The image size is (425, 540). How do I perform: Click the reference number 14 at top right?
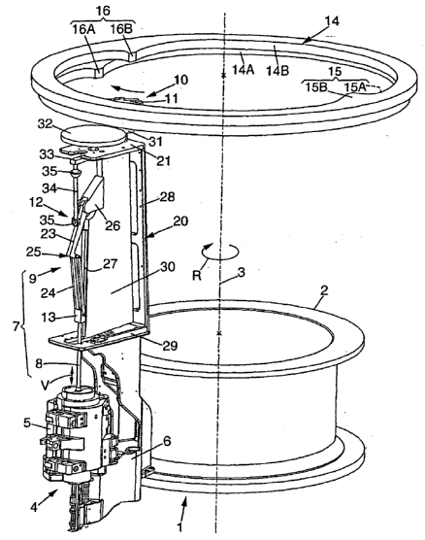[x=332, y=21]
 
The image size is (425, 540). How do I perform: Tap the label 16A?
[x=83, y=29]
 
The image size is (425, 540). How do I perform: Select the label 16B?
[x=121, y=29]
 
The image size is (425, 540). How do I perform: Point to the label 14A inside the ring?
[x=243, y=70]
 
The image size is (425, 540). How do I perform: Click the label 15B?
[x=316, y=87]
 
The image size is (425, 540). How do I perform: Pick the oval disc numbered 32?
[x=93, y=135]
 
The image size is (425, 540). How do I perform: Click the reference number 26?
[x=113, y=226]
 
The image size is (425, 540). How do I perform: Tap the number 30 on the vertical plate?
[x=168, y=267]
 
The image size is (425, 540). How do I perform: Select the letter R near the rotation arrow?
[x=197, y=276]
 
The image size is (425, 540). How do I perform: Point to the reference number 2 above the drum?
[x=324, y=291]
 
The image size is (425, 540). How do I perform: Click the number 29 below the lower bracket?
[x=170, y=346]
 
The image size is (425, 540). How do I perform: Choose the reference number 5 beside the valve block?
[x=27, y=422]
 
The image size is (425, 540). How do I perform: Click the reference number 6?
[x=167, y=441]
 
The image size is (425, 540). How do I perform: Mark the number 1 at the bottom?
[x=180, y=527]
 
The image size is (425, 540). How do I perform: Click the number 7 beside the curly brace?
[x=16, y=325]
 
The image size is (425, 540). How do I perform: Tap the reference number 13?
[x=49, y=318]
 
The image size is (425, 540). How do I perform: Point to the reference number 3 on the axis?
[x=242, y=272]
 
